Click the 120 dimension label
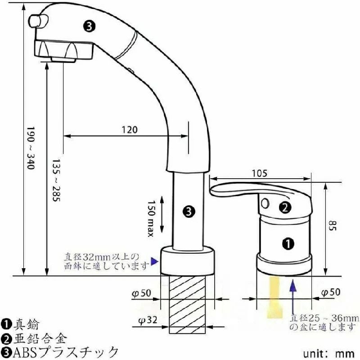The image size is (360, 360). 130,130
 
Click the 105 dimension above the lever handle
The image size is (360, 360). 260,173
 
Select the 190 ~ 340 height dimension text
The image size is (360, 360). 31,148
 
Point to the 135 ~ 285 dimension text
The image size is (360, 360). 56,180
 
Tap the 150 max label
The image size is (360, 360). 151,218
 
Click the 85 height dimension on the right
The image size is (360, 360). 332,226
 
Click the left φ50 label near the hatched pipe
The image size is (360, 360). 142,293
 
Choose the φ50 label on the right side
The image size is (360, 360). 331,292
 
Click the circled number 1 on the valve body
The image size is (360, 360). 288,243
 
